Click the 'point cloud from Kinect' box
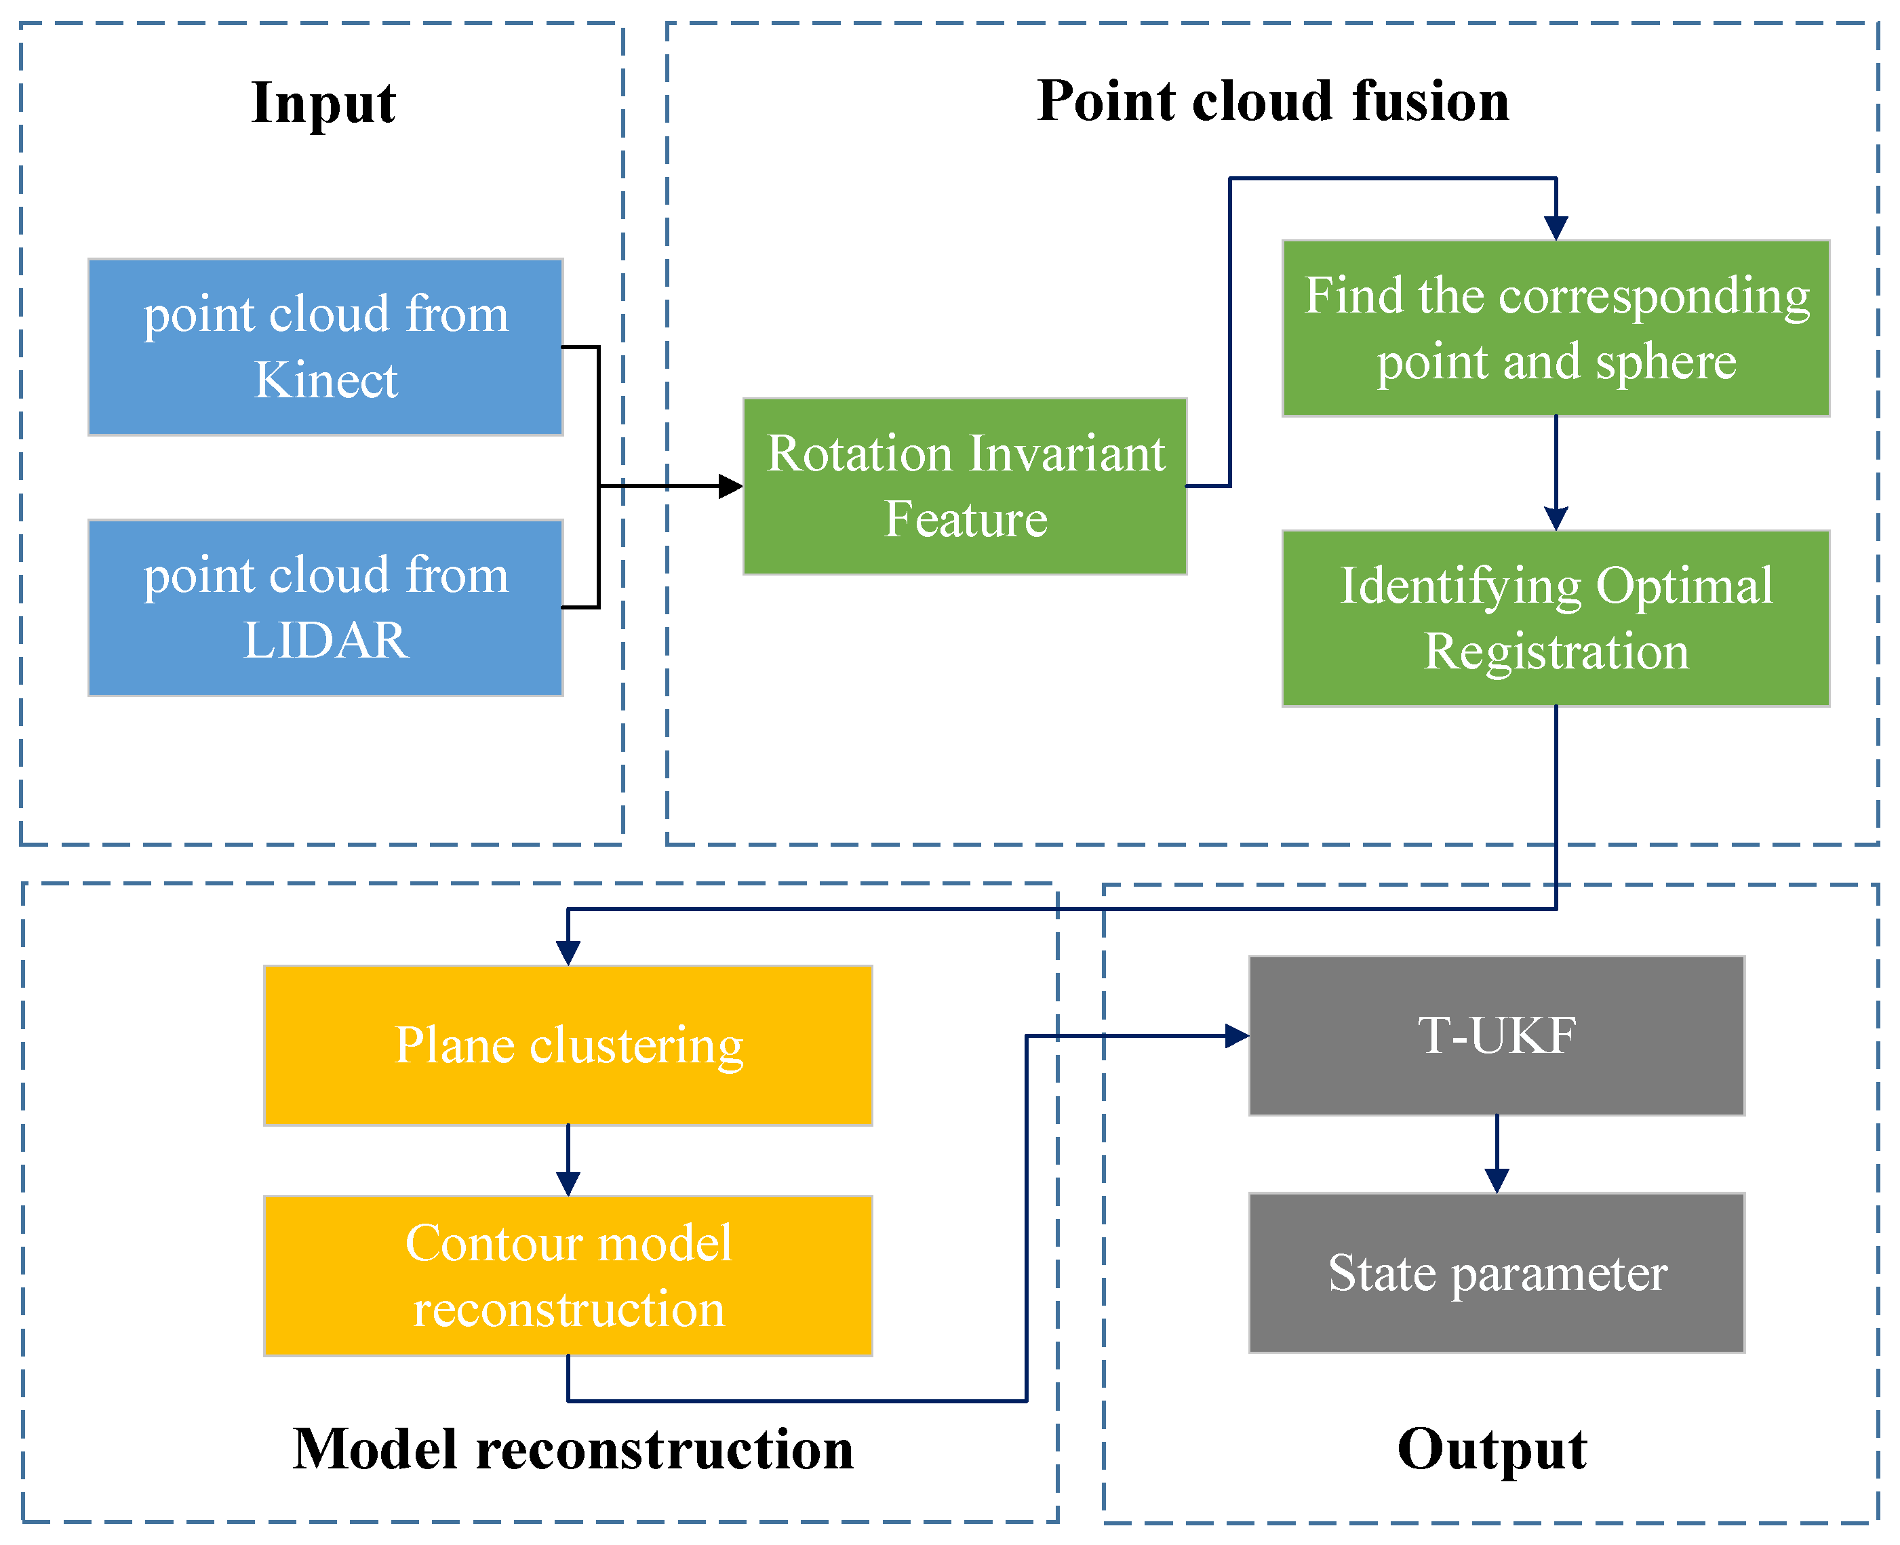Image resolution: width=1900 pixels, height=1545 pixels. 325,346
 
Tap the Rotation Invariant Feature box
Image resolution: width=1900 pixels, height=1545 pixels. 965,486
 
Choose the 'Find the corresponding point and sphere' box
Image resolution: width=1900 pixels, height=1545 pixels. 1555,327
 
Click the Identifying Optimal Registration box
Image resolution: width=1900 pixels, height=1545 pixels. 1555,618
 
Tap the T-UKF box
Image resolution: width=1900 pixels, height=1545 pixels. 1496,1035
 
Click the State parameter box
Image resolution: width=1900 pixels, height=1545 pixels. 1496,1272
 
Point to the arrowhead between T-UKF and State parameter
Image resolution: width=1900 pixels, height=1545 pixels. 1496,1180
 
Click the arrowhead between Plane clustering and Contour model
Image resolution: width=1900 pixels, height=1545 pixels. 568,1184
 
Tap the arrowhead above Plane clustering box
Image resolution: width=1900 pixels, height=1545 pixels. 568,952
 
